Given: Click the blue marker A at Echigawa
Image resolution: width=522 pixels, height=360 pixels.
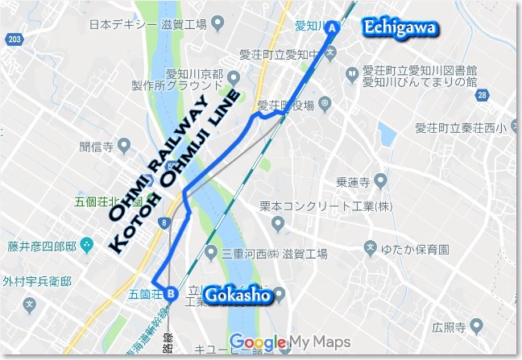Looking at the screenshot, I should pos(332,27).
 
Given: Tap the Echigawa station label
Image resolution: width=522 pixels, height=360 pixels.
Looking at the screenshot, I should pos(400,28).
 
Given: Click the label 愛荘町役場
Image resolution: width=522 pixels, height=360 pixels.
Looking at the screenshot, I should pos(286,104).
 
